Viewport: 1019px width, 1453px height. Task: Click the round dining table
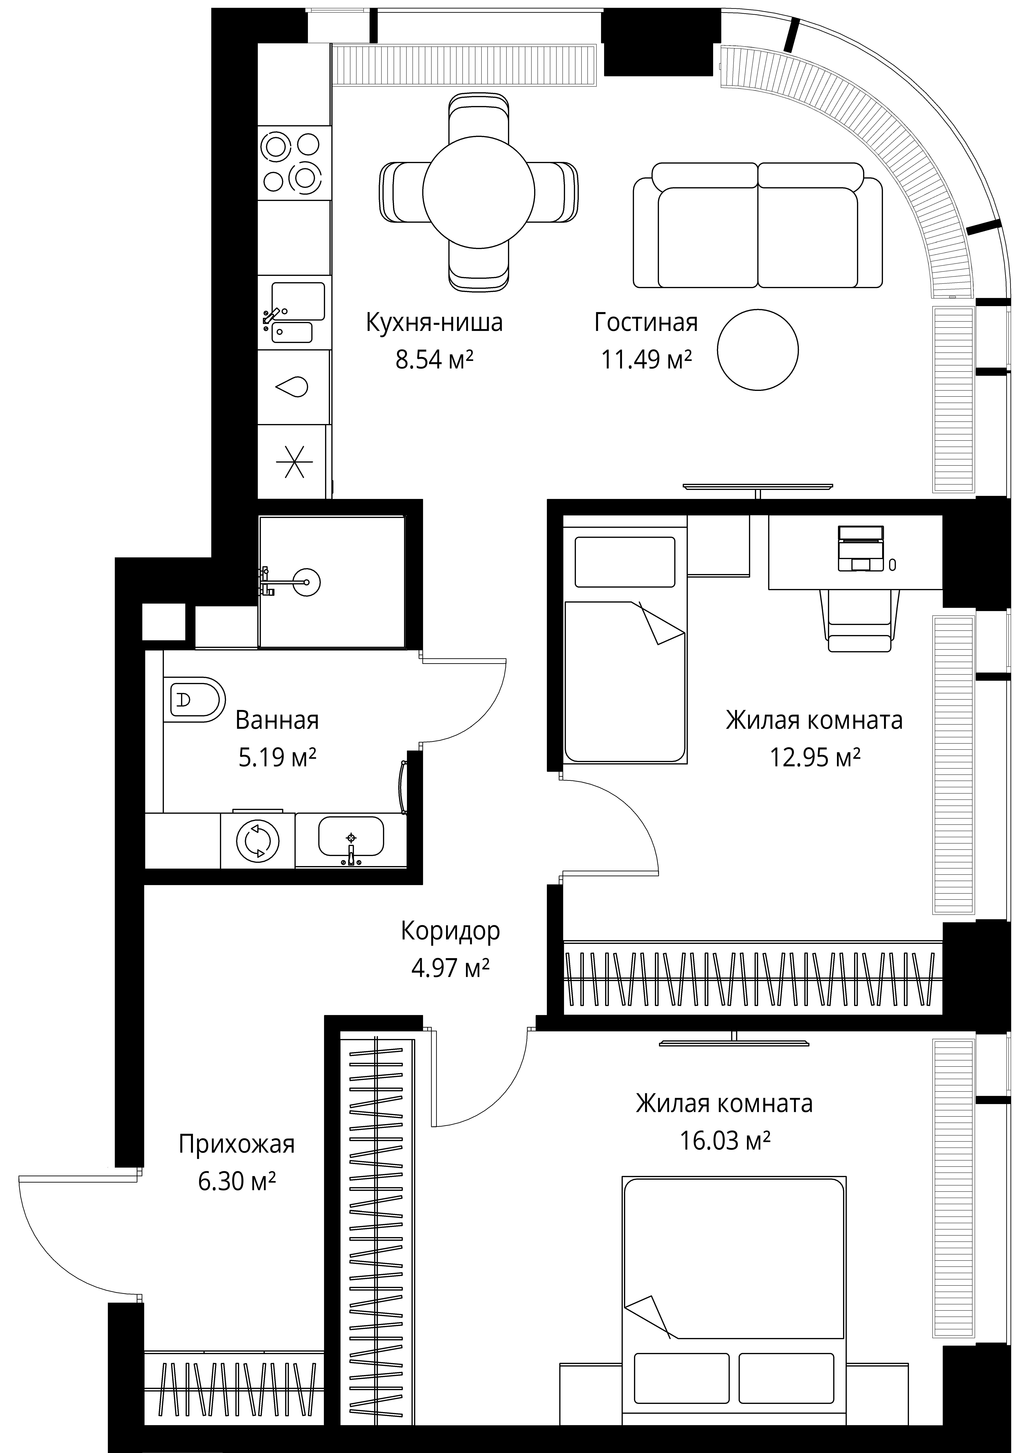[479, 192]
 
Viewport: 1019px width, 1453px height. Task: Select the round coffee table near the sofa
[758, 350]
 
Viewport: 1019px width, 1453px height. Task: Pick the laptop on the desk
[860, 548]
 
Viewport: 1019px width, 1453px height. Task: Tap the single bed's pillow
[625, 562]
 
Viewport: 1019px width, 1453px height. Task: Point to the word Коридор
[450, 931]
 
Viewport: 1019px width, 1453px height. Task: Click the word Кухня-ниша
[435, 322]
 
